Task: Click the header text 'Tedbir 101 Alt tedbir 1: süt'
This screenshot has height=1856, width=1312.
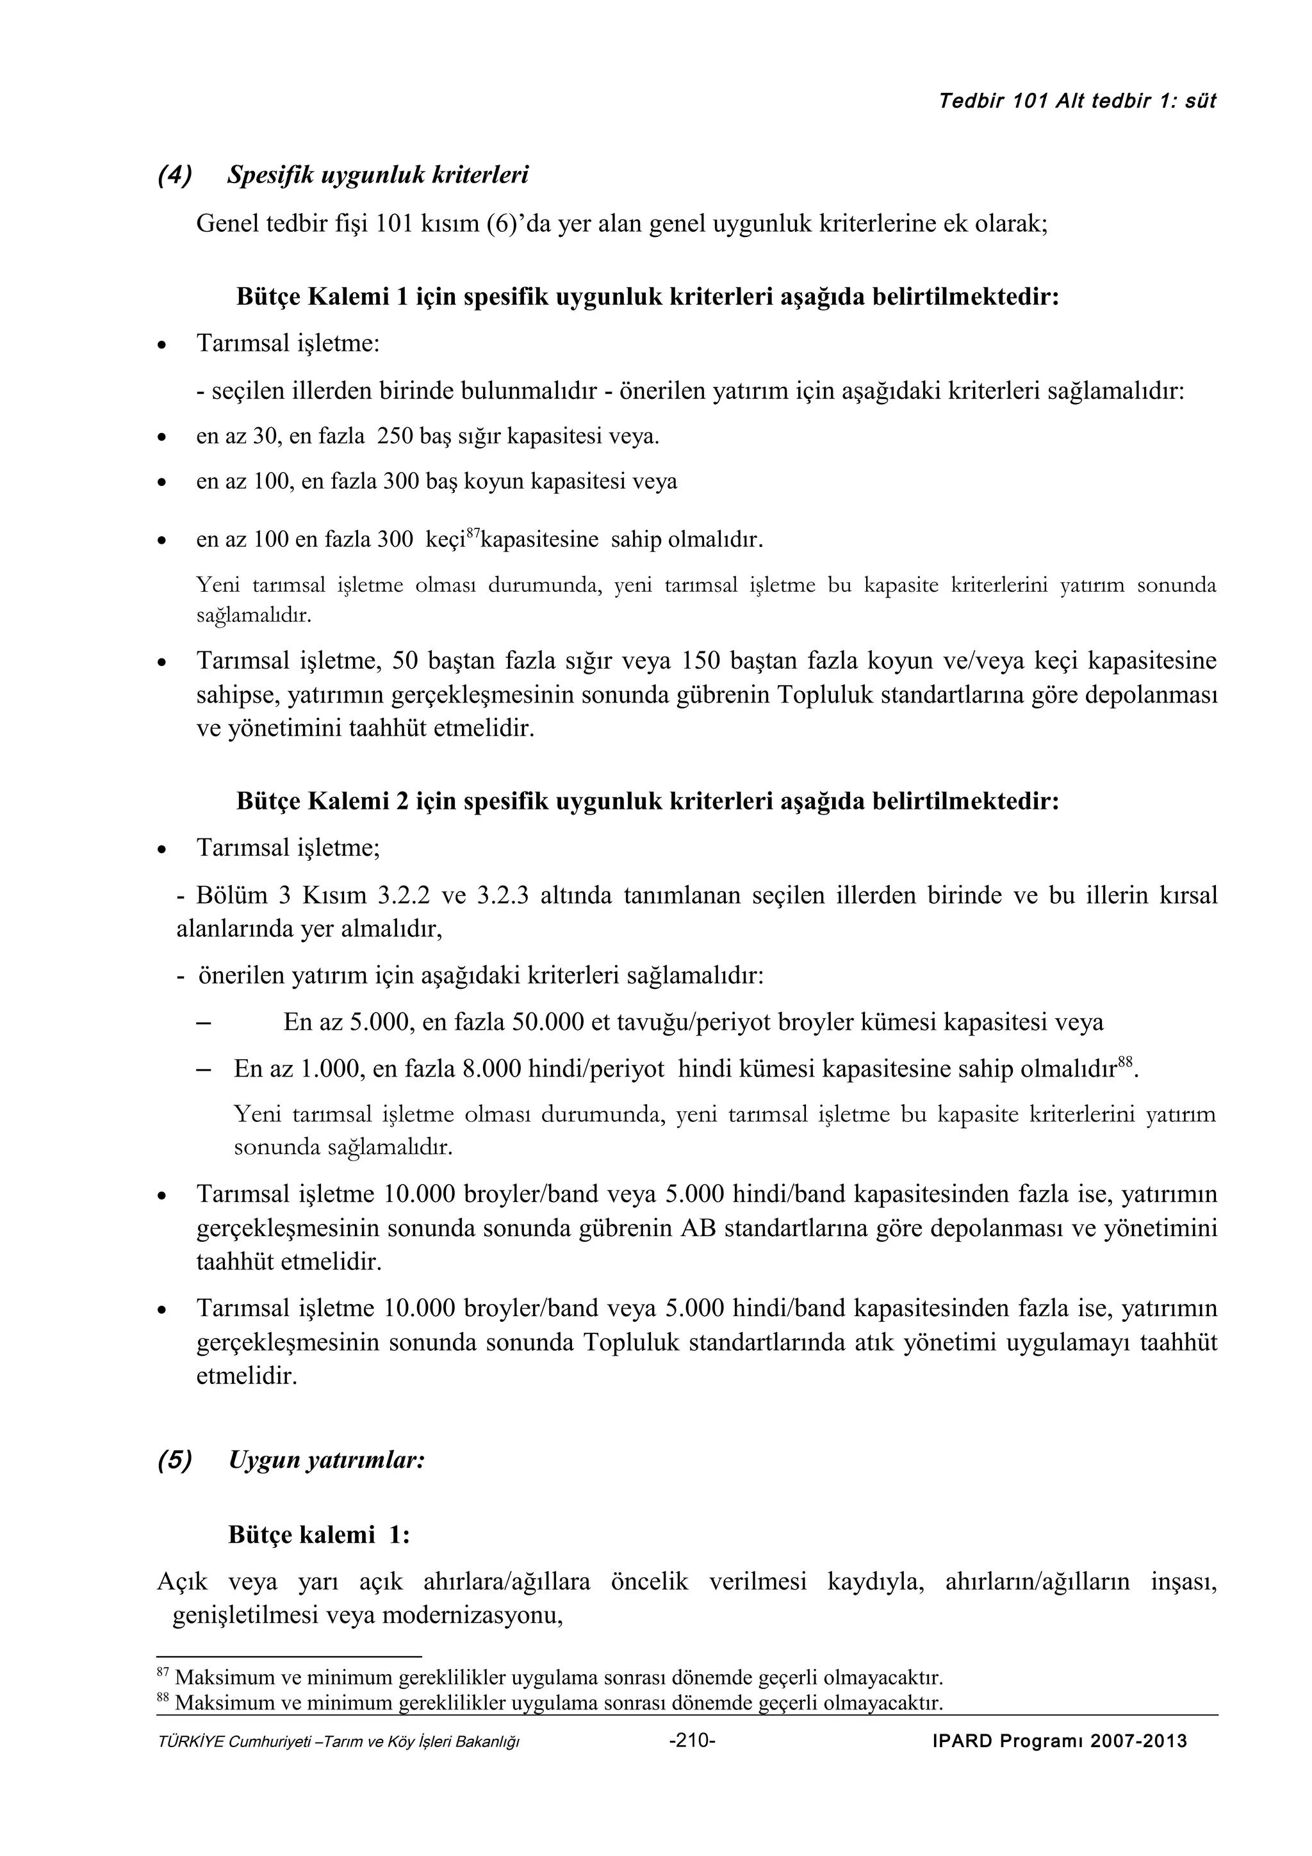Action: [x=1078, y=101]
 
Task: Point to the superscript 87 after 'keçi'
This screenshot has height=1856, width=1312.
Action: [x=475, y=530]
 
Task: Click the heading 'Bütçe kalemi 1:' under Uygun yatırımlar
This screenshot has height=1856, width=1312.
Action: [x=319, y=1534]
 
